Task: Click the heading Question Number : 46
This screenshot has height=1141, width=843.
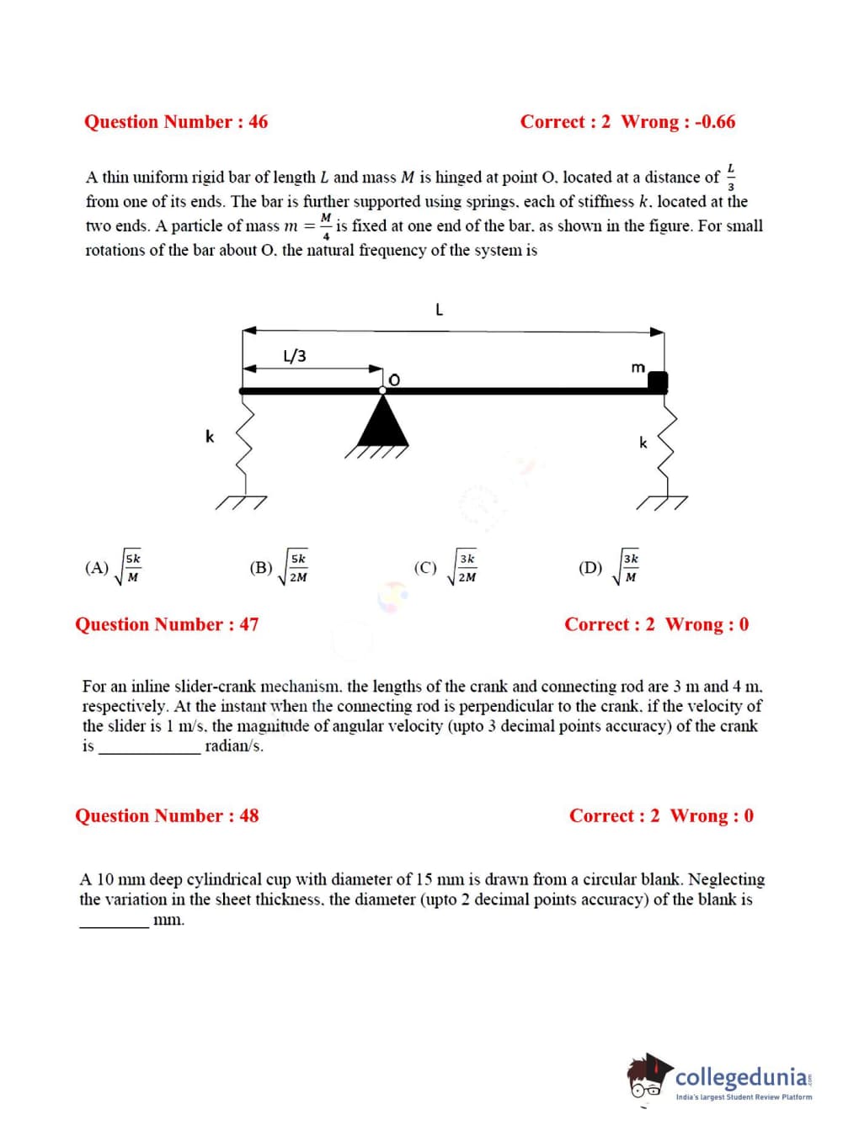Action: pos(175,122)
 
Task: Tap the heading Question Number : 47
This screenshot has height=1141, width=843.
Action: pos(167,624)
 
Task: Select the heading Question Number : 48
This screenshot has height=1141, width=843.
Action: pos(167,815)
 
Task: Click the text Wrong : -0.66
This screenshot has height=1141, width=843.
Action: pos(678,122)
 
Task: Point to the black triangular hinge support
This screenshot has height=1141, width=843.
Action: pos(383,423)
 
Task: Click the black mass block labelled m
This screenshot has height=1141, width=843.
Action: pos(658,382)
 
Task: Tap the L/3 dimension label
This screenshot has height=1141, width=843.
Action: pos(295,356)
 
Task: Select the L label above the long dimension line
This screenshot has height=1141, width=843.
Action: pos(439,310)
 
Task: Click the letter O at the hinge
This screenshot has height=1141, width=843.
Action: pos(393,380)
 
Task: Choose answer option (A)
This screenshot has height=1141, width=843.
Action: pos(114,568)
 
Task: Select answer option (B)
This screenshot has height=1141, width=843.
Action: pos(279,568)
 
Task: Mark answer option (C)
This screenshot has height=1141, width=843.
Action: pos(446,568)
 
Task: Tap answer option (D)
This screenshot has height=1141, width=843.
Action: pos(609,568)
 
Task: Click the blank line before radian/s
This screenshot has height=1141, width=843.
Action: pos(149,751)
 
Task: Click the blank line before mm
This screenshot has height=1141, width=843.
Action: pos(114,925)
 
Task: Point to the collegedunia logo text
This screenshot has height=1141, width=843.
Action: pos(741,1077)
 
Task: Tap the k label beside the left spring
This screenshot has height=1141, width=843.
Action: pos(210,436)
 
